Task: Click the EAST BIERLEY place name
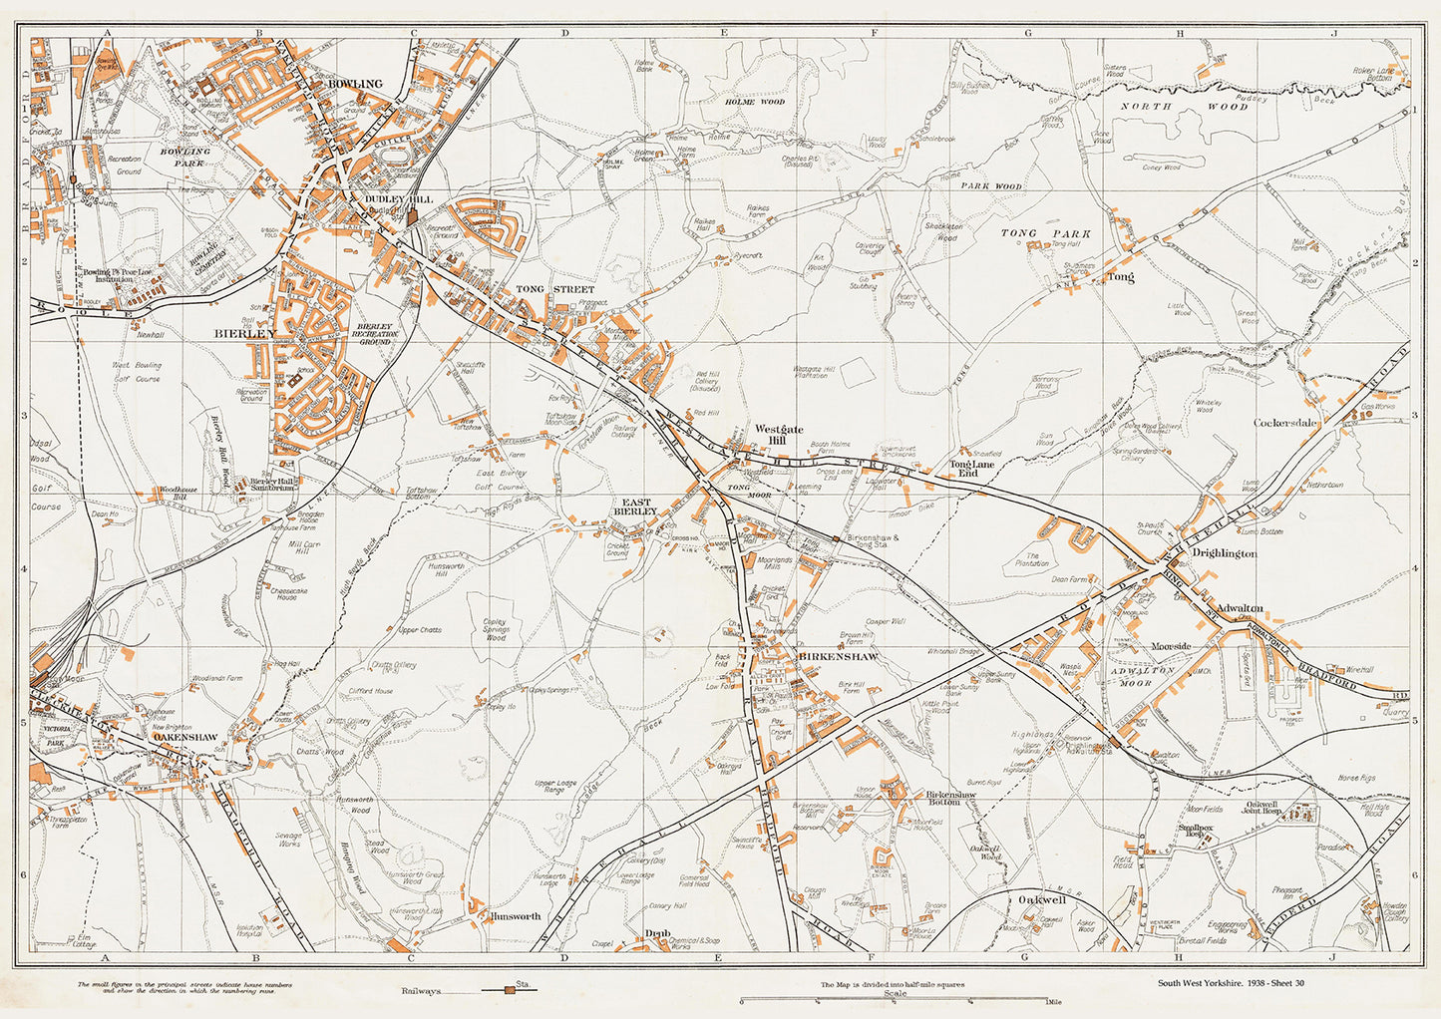(639, 507)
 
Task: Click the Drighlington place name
(1226, 553)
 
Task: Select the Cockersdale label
(1285, 423)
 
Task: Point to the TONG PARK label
(1044, 233)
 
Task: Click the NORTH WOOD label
(1184, 106)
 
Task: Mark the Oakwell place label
(1042, 899)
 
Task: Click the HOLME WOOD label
(754, 102)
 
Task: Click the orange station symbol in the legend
(510, 990)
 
